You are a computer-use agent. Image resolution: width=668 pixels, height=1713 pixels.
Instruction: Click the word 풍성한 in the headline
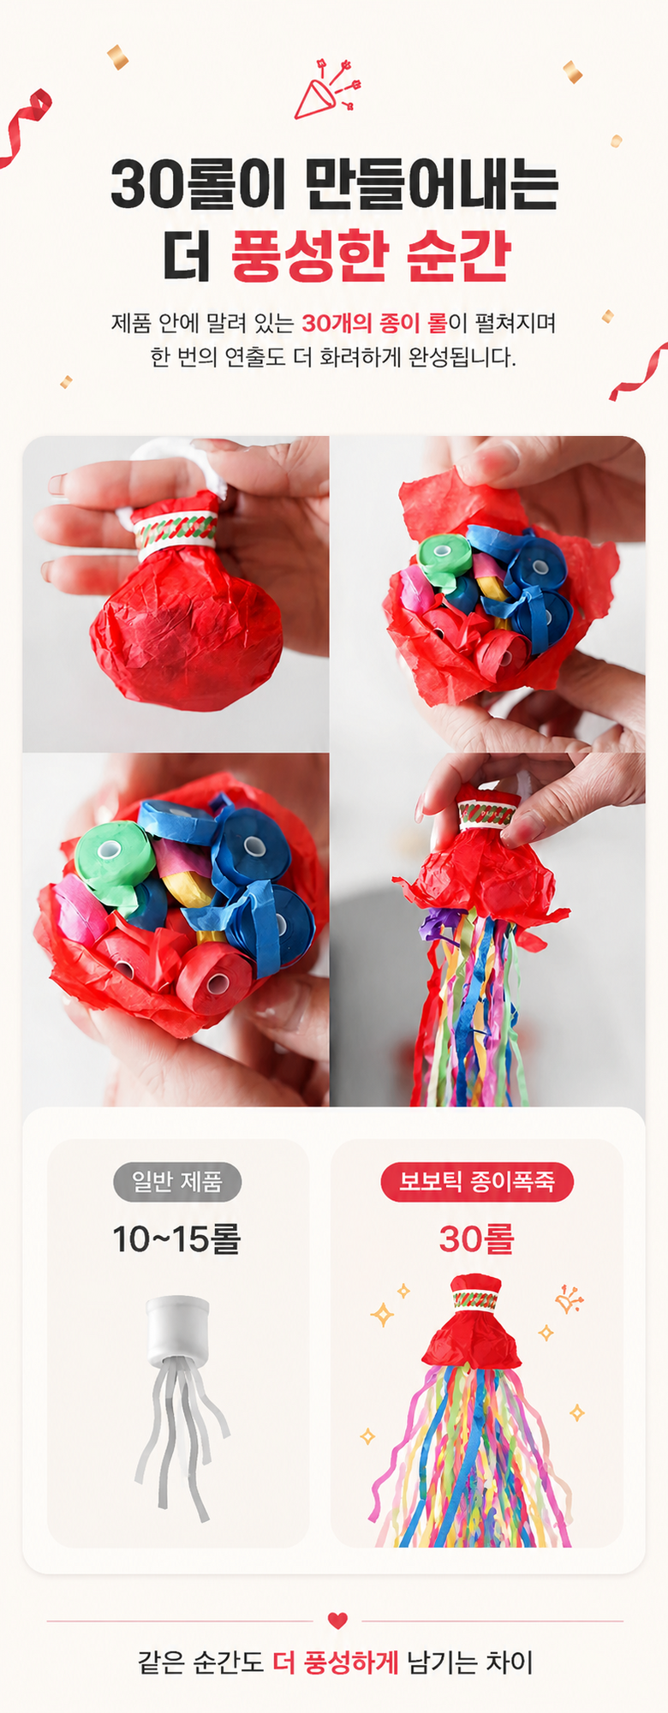pyautogui.click(x=305, y=255)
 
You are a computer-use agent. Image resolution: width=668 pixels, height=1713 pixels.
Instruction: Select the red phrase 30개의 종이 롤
pyautogui.click(x=374, y=323)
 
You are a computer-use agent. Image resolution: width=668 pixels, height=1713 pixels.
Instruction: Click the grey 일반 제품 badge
pyautogui.click(x=177, y=1182)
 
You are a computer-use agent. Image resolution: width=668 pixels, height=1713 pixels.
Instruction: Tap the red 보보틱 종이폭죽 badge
pyautogui.click(x=477, y=1182)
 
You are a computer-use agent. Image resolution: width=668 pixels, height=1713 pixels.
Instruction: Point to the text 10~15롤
pyautogui.click(x=177, y=1238)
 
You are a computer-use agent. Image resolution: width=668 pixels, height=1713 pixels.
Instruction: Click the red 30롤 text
pyautogui.click(x=477, y=1238)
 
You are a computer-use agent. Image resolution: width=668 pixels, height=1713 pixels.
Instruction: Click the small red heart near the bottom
pyautogui.click(x=337, y=1620)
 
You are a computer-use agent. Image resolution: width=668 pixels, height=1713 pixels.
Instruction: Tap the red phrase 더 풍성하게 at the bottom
pyautogui.click(x=336, y=1662)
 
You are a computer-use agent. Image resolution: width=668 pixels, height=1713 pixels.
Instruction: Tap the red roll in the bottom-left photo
pyautogui.click(x=214, y=978)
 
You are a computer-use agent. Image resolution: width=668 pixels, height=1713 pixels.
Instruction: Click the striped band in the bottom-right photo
pyautogui.click(x=488, y=814)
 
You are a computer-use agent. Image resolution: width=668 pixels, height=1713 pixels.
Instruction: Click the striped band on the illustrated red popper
pyautogui.click(x=475, y=1300)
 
